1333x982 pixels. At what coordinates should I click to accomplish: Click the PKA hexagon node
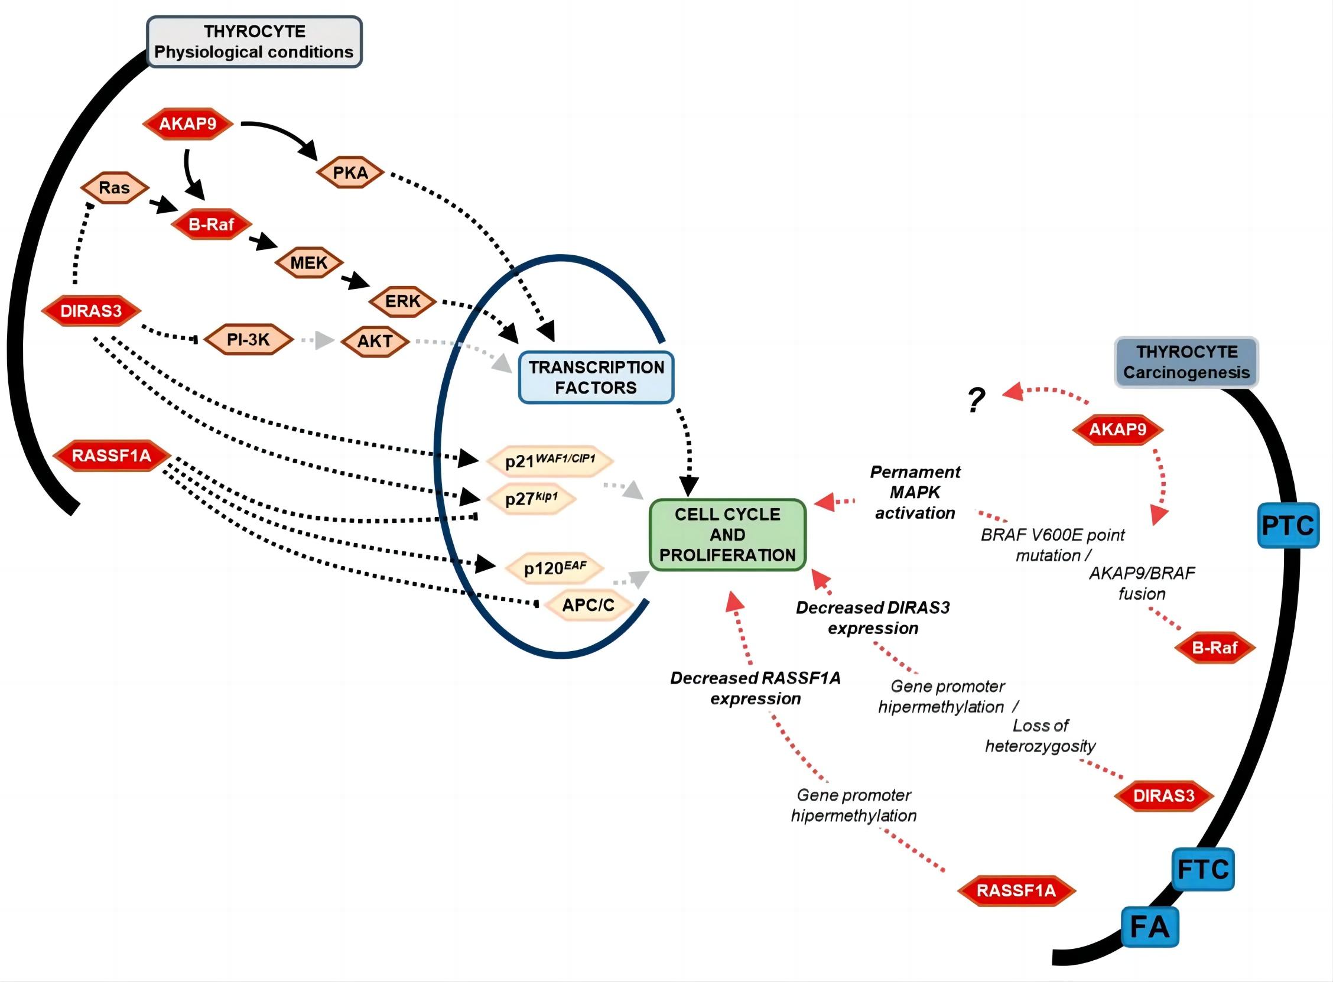pos(350,173)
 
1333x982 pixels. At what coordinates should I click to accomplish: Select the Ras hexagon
pos(114,188)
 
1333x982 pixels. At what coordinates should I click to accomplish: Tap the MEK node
pos(308,262)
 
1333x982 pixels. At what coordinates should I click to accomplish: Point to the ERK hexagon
pos(402,301)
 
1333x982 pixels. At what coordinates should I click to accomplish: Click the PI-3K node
pos(248,339)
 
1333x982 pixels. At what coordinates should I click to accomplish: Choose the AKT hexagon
pos(375,340)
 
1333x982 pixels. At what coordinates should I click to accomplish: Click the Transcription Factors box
pos(596,378)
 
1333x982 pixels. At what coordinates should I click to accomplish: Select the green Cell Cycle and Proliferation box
pos(727,534)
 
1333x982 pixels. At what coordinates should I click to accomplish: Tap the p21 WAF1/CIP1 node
pos(550,461)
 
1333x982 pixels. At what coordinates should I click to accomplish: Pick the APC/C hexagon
pos(588,605)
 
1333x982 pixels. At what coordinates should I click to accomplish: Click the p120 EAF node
pos(554,568)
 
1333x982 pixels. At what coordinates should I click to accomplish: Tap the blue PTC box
pos(1288,525)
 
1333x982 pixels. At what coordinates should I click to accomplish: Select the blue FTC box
pos(1203,869)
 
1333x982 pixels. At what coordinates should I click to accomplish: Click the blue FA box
pos(1149,926)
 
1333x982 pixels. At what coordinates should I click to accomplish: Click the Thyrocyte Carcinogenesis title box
pos(1186,362)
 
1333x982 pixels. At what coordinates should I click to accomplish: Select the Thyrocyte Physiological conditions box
pos(253,41)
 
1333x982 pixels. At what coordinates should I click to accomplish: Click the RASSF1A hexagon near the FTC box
pos(1016,890)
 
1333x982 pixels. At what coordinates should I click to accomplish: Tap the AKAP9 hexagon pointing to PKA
pos(188,123)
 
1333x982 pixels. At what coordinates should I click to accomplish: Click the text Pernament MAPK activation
pos(915,492)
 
